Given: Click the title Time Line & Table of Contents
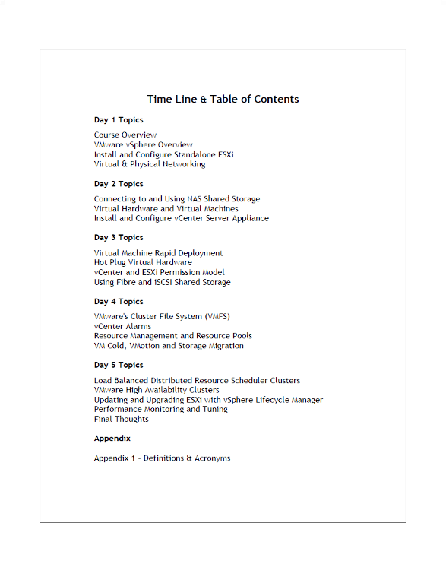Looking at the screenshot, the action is (x=223, y=99).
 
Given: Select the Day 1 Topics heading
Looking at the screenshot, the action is (x=119, y=120).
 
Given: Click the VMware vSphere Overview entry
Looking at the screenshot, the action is (x=143, y=144).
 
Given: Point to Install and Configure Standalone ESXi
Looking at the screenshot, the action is (x=163, y=154).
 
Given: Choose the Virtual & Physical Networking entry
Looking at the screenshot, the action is (x=150, y=164).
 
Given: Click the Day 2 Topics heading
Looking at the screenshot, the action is (x=119, y=184).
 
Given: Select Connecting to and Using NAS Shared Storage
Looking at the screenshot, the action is (x=177, y=199).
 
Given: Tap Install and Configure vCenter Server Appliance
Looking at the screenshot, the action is (x=181, y=218).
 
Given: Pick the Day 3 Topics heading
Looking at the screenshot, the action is (x=119, y=238).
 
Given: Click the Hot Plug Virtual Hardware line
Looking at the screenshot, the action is (x=143, y=262).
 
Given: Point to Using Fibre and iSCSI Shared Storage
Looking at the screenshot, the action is (x=162, y=282).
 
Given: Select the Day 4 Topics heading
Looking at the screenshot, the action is (x=119, y=302).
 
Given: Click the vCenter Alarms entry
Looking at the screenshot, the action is (x=122, y=326).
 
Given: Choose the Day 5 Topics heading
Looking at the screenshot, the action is (x=119, y=365).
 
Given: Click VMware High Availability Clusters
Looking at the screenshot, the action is (x=157, y=390).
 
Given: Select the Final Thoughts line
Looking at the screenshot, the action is (x=122, y=419).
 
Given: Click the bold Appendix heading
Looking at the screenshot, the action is (x=112, y=439).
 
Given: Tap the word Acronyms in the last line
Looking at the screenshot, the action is (x=212, y=458).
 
